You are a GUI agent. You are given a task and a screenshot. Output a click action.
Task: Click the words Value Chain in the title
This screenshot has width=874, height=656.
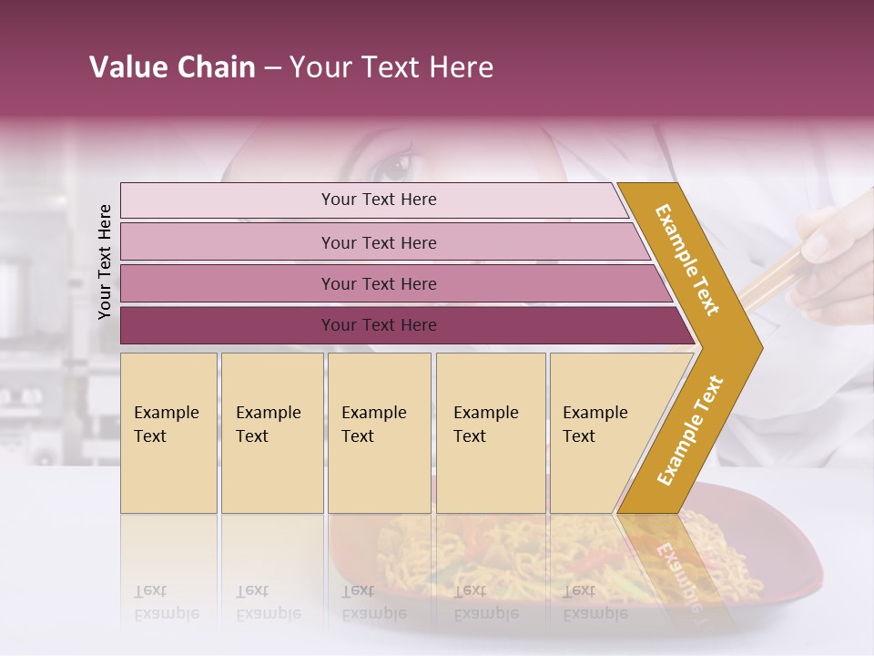point(172,67)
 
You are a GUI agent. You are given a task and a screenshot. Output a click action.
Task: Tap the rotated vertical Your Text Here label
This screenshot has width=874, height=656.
point(105,261)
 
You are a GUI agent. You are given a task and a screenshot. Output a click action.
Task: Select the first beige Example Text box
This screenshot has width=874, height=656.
point(168,433)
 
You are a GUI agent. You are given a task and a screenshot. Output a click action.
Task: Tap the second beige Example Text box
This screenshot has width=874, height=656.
point(271,433)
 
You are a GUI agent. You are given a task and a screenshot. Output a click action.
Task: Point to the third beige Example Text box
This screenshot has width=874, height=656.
point(379,433)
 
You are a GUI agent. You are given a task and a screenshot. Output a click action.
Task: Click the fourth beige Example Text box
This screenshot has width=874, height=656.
point(491,433)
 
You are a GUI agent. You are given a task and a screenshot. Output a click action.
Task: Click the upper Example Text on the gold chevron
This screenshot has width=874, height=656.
point(687,260)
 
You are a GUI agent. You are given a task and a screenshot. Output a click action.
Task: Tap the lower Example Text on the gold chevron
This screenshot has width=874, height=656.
point(690,430)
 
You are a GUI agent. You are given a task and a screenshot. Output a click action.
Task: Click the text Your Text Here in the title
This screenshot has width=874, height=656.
point(391,67)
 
